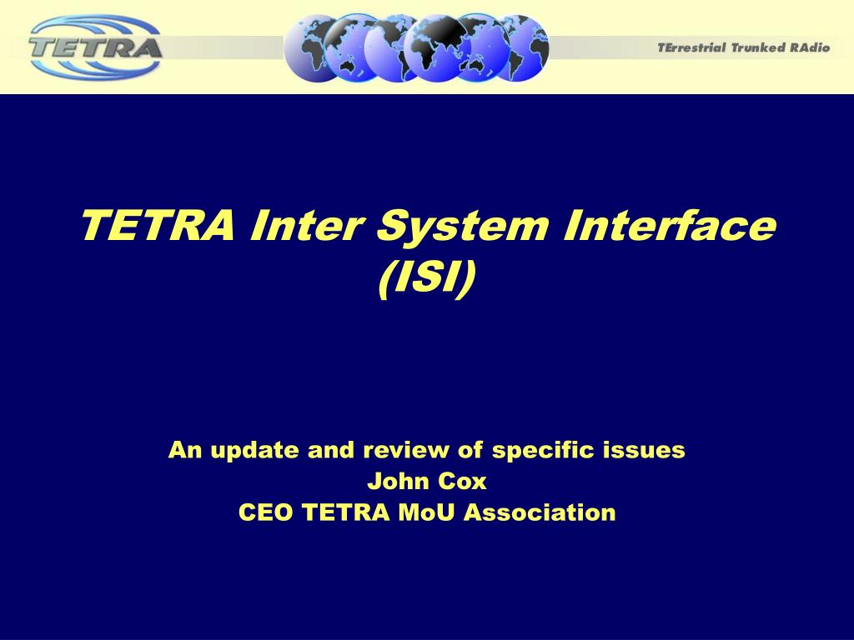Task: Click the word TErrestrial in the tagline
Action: [x=692, y=47]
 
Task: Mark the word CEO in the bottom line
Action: [x=266, y=512]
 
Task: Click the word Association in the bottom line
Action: [x=540, y=512]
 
